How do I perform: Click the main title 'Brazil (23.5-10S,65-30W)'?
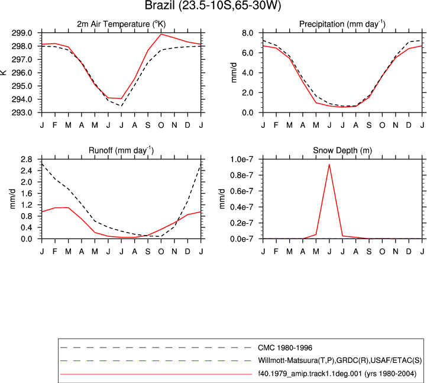[213, 5]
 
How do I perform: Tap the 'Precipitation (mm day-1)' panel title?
[342, 24]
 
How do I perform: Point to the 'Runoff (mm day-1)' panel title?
[121, 150]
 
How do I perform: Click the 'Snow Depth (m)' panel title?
[342, 150]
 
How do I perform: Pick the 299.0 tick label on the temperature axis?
[22, 33]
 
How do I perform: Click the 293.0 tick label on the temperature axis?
[22, 112]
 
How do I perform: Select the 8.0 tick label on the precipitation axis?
[248, 33]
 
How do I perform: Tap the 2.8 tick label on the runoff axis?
[26, 159]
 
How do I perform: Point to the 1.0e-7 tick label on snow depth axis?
[242, 159]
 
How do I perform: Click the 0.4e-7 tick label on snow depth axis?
[242, 207]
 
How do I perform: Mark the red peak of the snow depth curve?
[329, 165]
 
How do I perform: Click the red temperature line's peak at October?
[161, 34]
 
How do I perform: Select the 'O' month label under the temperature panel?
[161, 125]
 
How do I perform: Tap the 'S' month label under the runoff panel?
[148, 252]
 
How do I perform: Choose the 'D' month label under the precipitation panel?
[409, 125]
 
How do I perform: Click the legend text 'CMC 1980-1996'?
[285, 348]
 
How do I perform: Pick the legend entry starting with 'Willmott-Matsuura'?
[340, 361]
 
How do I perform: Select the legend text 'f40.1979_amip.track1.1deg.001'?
[310, 374]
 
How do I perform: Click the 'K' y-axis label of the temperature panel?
[4, 72]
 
